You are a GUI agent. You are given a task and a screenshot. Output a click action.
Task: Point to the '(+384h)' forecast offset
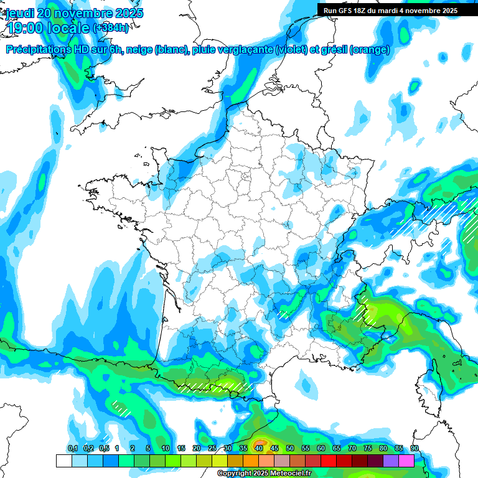(x=110, y=28)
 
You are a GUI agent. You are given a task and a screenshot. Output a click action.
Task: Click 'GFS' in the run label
(x=345, y=11)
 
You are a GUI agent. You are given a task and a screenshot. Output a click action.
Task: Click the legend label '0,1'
(x=73, y=449)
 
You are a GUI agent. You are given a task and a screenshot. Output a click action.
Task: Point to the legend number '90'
(x=414, y=449)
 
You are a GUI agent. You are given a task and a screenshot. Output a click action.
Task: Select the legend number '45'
(x=274, y=449)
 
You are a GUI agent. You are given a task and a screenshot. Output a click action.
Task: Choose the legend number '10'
(x=166, y=449)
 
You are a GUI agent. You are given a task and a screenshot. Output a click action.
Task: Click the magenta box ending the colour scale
(x=406, y=461)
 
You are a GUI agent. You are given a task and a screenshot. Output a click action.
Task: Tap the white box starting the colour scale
(x=63, y=461)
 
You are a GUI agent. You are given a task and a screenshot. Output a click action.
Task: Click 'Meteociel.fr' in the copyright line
(x=289, y=474)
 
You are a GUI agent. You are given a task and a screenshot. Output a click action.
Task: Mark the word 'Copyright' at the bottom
(x=235, y=474)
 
